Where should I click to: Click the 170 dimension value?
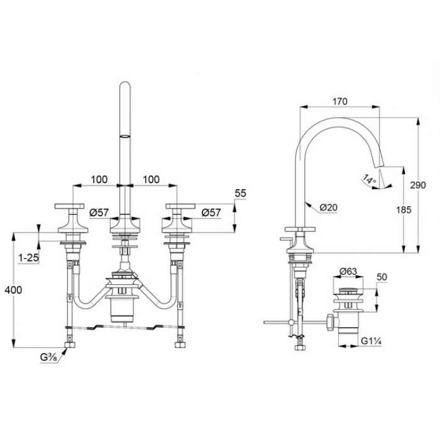click(340, 101)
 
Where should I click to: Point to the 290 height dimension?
click(418, 185)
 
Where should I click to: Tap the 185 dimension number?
click(404, 209)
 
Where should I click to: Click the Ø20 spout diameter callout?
click(329, 207)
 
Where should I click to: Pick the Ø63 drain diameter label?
click(348, 272)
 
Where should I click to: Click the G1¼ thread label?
click(371, 341)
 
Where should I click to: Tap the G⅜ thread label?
click(49, 357)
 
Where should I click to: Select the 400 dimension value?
click(13, 290)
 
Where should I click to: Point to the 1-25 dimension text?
click(28, 258)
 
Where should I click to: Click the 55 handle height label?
click(240, 194)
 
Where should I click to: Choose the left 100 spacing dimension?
click(99, 179)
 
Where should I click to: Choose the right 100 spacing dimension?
click(151, 179)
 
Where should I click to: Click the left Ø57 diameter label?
click(99, 212)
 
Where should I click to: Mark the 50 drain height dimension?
click(382, 277)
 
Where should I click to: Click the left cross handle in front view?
click(69, 206)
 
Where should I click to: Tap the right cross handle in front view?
click(180, 206)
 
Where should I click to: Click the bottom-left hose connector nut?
click(70, 344)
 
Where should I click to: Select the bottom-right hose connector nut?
click(179, 344)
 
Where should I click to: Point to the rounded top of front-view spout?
click(125, 84)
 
